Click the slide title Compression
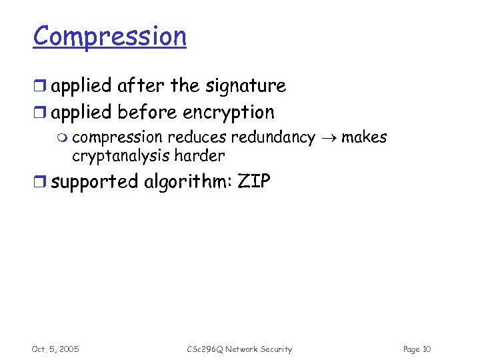[x=110, y=36]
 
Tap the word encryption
[x=229, y=112]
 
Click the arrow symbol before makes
[x=328, y=138]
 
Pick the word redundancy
[x=273, y=138]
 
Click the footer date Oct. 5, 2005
[x=55, y=349]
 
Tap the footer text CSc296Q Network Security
[x=239, y=349]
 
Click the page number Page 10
[x=417, y=349]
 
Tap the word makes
[x=364, y=137]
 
